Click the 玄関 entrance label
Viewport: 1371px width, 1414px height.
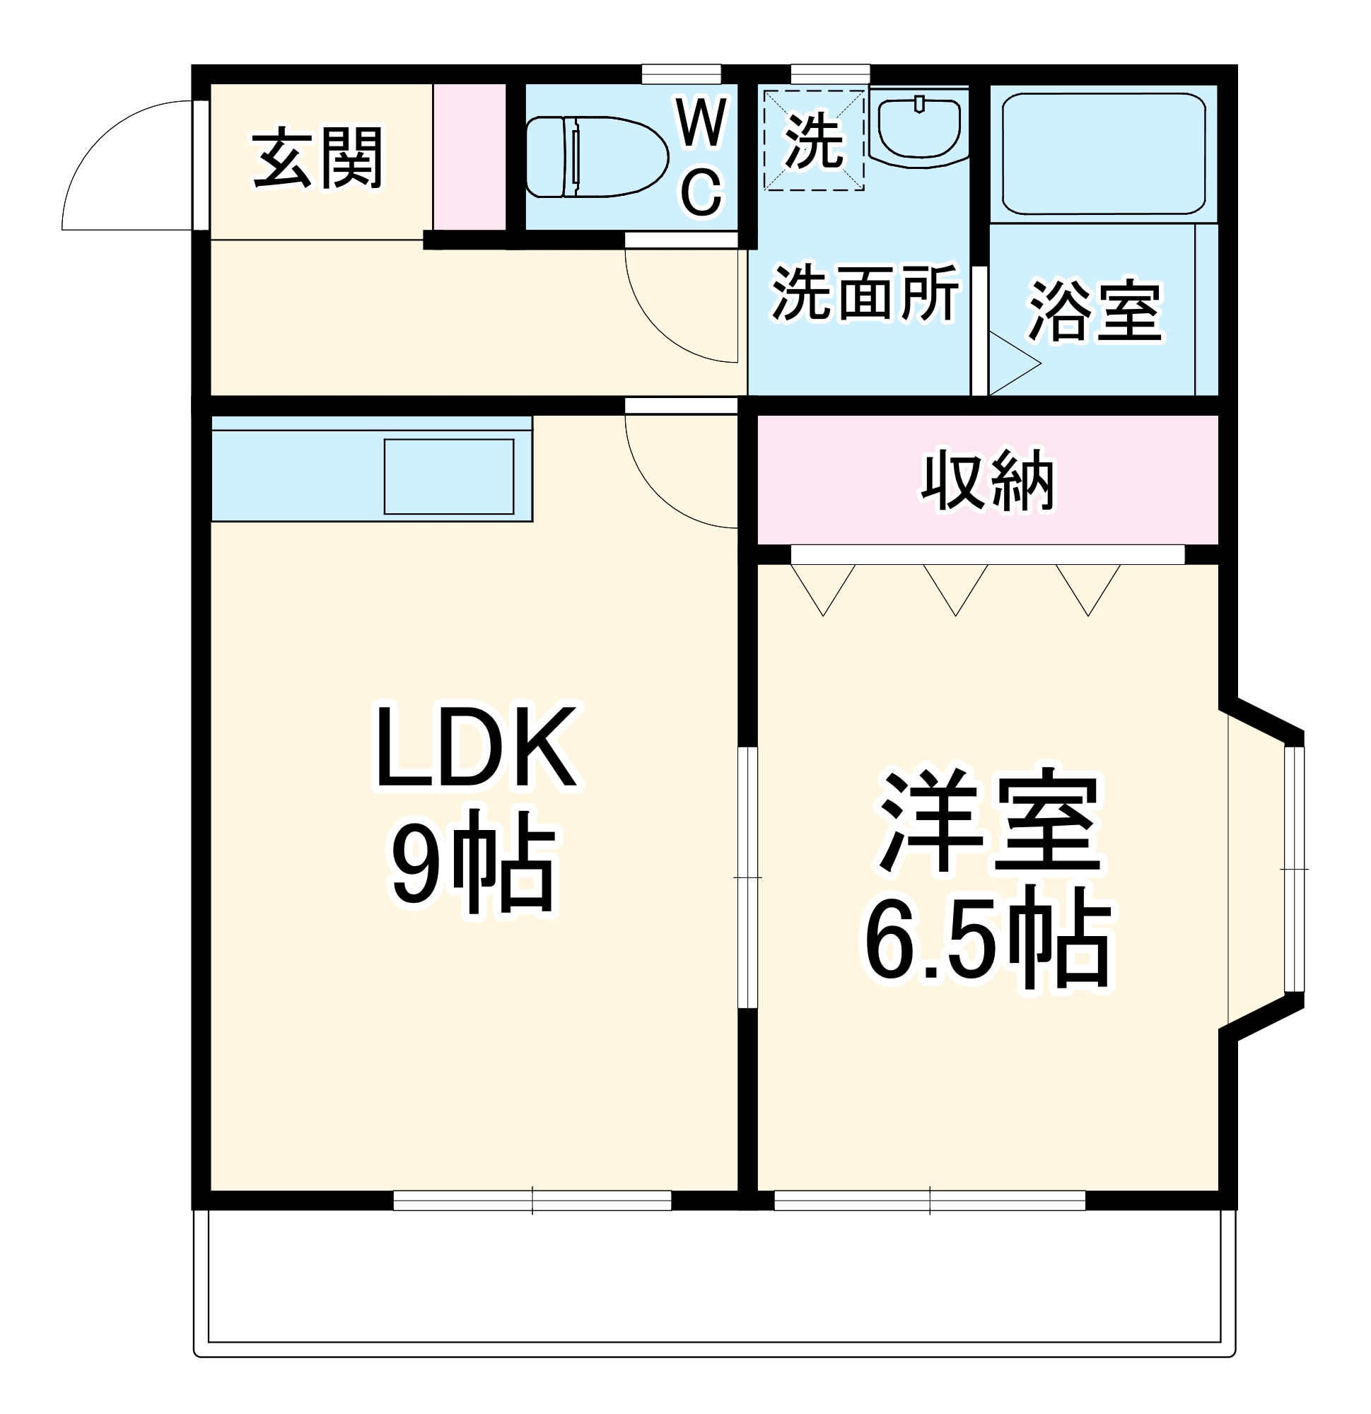point(317,158)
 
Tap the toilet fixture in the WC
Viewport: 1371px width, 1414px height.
point(595,156)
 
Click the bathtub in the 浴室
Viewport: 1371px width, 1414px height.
point(1103,153)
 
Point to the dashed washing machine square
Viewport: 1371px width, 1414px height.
point(814,141)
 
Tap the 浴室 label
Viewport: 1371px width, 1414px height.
point(1095,310)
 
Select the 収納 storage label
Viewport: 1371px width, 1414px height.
point(987,481)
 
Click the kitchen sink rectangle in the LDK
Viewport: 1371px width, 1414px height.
point(448,476)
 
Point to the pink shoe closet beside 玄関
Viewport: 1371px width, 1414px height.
point(469,156)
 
